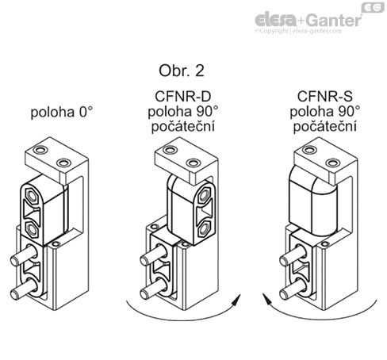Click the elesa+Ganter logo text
pos(309,18)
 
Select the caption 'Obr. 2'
pos(182,71)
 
